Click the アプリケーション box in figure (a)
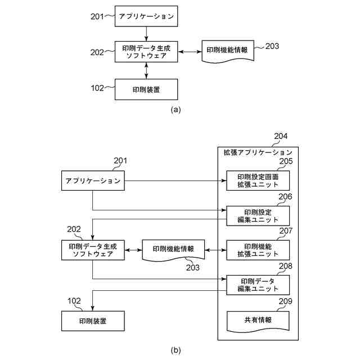pos(146,16)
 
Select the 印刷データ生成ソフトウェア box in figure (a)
pos(146,52)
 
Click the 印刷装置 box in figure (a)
pos(146,89)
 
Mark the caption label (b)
pos(175,350)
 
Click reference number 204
pos(280,136)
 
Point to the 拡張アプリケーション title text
pos(258,152)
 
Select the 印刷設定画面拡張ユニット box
pos(258,181)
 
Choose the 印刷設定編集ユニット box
pos(258,215)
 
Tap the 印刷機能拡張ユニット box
pos(258,250)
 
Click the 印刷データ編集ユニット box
pos(258,285)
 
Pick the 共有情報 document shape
pos(258,320)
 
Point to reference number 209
pos(285,300)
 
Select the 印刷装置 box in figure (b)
pos(92,321)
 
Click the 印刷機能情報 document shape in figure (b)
pos(173,250)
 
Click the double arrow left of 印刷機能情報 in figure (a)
pos(190,52)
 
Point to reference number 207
pos(285,231)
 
